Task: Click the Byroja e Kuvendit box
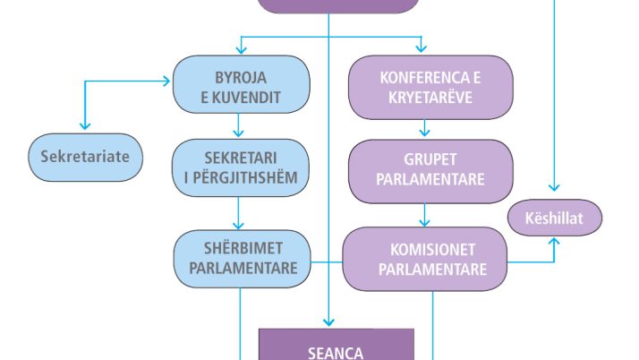[242, 84]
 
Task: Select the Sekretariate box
[85, 157]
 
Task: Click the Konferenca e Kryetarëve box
[430, 87]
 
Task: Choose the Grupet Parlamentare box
[430, 169]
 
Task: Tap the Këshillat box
[555, 218]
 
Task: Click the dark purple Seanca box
[336, 347]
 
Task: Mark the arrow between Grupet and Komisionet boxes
[424, 216]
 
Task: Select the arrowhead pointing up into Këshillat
[555, 242]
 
